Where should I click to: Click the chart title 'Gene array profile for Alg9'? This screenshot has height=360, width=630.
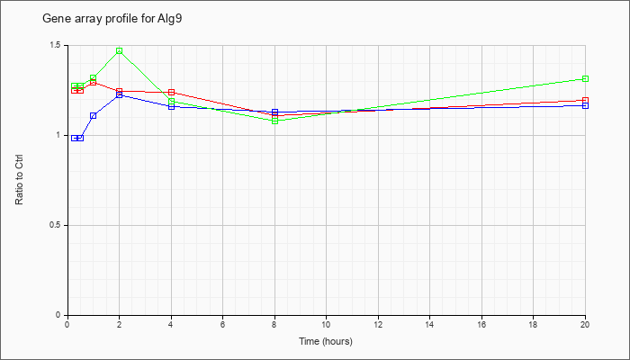112,19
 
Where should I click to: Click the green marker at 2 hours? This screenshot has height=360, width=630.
120,50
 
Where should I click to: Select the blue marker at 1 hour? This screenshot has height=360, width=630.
94,116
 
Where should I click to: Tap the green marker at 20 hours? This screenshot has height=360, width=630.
585,79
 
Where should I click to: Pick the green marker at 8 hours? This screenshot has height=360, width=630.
275,121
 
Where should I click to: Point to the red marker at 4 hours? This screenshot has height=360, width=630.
172,93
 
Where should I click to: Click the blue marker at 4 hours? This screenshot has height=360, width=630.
172,106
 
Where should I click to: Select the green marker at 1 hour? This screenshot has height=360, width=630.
94,78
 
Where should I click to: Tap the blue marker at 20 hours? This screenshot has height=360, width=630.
585,105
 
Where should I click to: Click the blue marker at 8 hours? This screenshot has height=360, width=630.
275,112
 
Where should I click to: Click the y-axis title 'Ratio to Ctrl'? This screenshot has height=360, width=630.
19,180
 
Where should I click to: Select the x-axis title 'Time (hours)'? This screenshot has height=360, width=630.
326,341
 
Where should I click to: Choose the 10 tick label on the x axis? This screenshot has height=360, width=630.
326,324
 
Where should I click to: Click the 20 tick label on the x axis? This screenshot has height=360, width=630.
585,324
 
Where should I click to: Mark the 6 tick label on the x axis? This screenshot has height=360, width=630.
222,324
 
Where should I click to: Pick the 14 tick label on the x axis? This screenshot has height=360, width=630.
429,324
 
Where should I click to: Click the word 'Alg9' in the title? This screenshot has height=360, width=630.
170,19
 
